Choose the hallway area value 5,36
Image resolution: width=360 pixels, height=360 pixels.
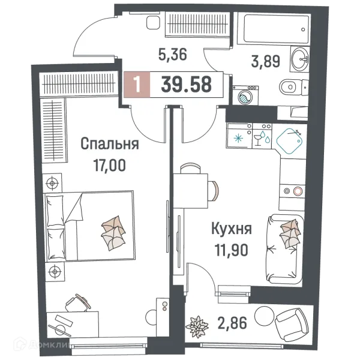pyautogui.click(x=172, y=55)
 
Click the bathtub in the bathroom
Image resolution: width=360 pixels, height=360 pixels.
pyautogui.click(x=275, y=28)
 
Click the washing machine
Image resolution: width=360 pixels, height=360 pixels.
pyautogui.click(x=245, y=96)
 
